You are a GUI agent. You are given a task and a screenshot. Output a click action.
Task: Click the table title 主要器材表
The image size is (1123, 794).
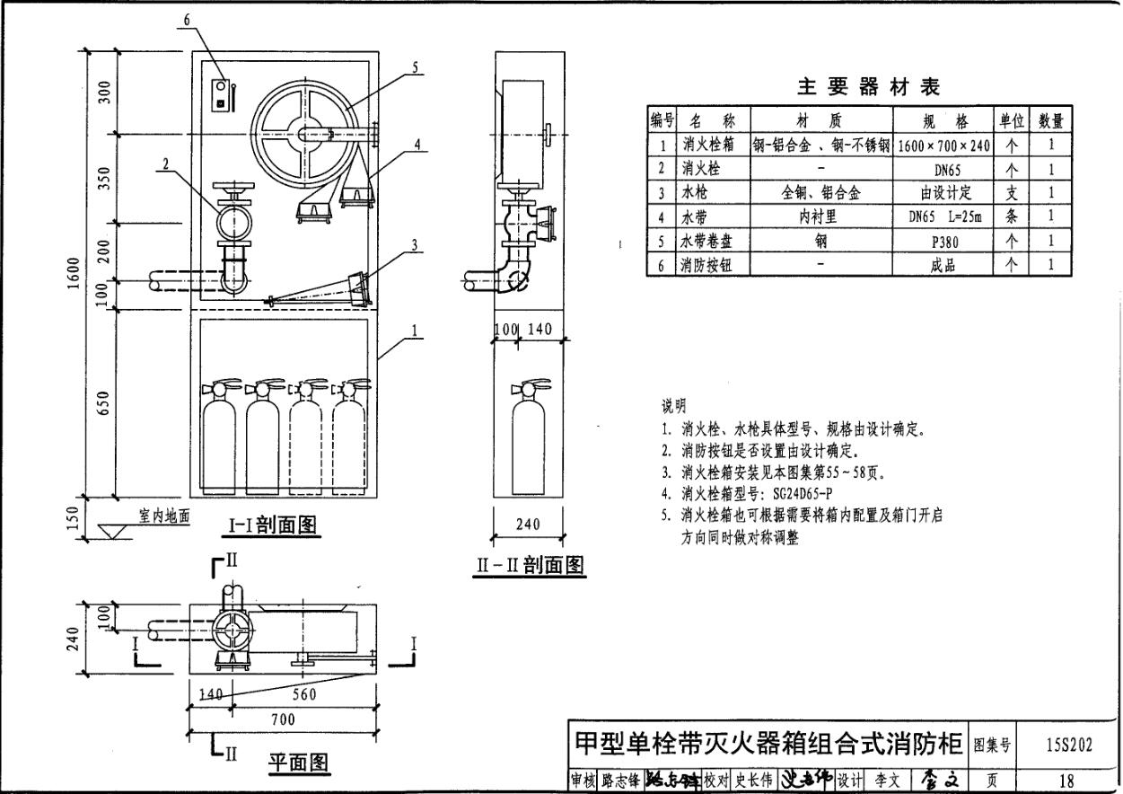coord(867,87)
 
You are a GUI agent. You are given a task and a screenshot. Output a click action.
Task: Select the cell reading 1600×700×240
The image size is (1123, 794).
coord(943,145)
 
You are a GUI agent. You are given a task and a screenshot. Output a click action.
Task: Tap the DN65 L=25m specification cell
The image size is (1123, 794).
coord(943,216)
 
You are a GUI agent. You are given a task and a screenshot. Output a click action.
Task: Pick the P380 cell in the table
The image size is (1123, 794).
coord(943,241)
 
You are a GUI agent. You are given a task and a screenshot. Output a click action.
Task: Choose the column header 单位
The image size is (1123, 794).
coord(1012,120)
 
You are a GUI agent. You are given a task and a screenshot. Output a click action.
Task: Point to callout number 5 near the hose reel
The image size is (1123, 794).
coord(416,66)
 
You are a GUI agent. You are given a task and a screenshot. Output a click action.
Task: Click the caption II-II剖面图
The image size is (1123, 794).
coord(530,566)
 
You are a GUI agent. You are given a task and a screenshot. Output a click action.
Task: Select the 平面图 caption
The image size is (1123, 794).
coord(299,764)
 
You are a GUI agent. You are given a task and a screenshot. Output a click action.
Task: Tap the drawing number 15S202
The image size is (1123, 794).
coord(1068,745)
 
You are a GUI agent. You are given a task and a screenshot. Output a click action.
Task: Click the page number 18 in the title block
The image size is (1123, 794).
coord(1068,781)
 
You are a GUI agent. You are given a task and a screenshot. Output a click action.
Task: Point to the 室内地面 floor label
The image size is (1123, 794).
coord(164,516)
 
